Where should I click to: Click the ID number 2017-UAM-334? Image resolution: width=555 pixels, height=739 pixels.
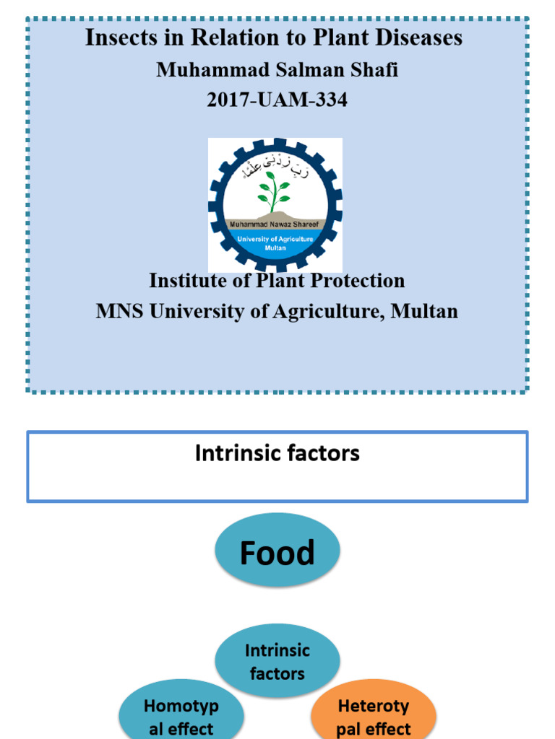click(x=277, y=100)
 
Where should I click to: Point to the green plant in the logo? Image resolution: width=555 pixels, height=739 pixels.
click(x=274, y=190)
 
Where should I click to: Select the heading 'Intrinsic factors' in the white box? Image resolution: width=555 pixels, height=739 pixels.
click(x=277, y=453)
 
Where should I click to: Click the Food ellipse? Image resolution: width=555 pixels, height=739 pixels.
click(x=277, y=553)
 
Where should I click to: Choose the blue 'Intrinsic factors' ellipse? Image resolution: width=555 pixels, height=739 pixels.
click(x=277, y=661)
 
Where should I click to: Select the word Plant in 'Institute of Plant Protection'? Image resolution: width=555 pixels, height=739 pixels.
click(x=281, y=280)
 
